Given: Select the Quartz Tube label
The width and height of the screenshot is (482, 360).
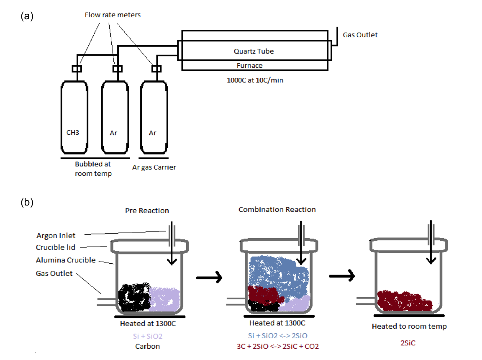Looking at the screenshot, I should [x=254, y=51].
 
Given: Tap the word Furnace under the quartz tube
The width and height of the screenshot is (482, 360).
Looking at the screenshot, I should [x=250, y=65].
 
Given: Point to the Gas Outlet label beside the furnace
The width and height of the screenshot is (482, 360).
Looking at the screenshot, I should [x=360, y=35].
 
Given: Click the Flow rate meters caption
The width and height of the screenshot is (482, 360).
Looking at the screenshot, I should [x=113, y=15].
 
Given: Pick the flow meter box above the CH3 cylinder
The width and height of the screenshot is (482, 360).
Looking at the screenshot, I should [x=77, y=69].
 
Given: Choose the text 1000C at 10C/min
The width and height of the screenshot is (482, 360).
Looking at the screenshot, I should [x=255, y=80].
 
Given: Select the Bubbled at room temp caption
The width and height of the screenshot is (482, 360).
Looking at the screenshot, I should [x=93, y=169].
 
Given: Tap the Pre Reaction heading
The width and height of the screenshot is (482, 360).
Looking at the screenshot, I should [x=147, y=211].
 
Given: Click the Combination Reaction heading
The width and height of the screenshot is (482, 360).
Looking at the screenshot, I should [x=277, y=209].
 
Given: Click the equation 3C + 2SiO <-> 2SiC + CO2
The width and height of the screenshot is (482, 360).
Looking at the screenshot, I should [x=277, y=346].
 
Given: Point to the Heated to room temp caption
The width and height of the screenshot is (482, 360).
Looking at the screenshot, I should [x=409, y=326].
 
